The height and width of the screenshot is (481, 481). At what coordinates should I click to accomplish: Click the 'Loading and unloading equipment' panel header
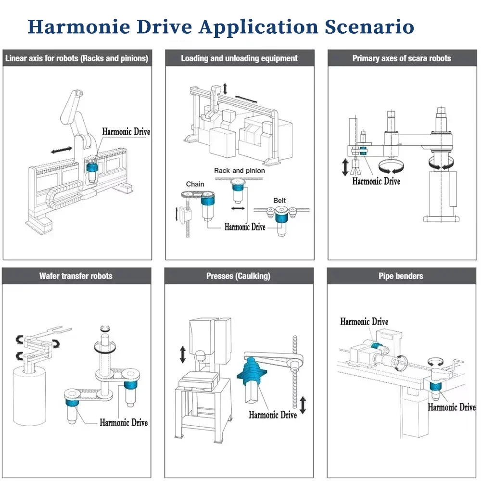pos(239,59)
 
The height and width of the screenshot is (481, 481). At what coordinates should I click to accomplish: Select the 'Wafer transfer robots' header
pos(76,276)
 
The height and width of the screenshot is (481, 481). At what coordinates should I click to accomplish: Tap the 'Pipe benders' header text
pos(401,276)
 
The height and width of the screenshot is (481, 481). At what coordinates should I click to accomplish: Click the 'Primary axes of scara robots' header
pos(402,59)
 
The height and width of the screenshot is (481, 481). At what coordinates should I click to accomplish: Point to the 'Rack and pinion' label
pos(239,171)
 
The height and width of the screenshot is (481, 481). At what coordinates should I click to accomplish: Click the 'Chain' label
pos(195,184)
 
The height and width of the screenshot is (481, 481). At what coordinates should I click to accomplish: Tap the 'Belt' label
pos(279,201)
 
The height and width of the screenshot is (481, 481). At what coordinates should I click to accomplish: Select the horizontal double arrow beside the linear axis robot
pos(62,151)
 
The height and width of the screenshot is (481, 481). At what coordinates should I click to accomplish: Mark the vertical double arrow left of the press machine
pos(183,354)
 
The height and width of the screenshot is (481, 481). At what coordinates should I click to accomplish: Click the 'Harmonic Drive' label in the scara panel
pos(376,181)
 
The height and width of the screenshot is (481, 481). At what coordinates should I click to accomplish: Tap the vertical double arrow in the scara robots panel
pos(345,167)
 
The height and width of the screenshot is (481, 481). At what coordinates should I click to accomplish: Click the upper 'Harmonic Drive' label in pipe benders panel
pos(364,322)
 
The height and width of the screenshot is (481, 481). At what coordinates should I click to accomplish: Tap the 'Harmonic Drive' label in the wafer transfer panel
pos(124,423)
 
